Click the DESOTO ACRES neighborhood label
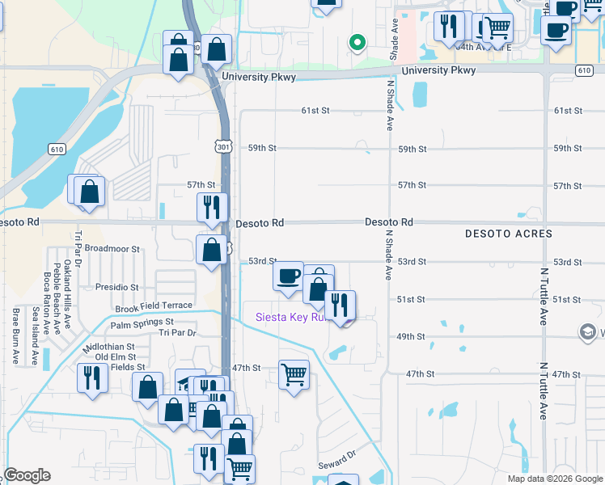509,234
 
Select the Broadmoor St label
112,249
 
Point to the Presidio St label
116,287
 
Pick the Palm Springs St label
142,324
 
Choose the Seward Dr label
336,465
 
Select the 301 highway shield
224,145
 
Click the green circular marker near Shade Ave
356,42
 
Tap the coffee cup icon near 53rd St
289,276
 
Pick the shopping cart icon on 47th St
294,374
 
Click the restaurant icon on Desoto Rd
212,207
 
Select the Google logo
27,475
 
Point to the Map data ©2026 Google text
554,479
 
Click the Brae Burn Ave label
15,336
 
